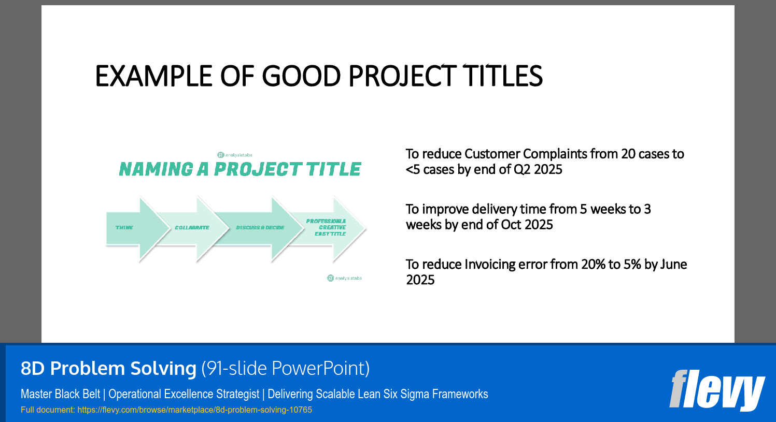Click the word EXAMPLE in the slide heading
click(x=153, y=76)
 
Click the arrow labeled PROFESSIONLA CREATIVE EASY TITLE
click(x=332, y=228)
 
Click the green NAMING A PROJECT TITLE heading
click(x=240, y=169)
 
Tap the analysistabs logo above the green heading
click(x=235, y=155)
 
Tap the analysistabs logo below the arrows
click(x=345, y=278)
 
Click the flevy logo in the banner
click(x=716, y=389)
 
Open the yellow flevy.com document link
click(x=194, y=410)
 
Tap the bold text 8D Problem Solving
click(x=108, y=368)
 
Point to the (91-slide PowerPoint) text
click(x=285, y=368)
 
